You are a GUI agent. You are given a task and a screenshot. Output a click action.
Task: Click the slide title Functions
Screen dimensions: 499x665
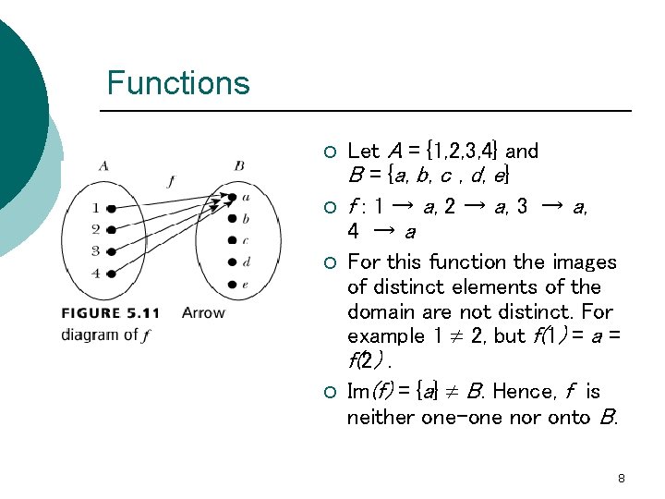click(178, 83)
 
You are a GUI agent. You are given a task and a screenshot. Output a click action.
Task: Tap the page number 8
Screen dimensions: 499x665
click(622, 478)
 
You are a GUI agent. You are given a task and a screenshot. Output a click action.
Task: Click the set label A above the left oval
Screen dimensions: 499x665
click(103, 166)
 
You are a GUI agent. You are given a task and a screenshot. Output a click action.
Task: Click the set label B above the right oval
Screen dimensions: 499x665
click(239, 166)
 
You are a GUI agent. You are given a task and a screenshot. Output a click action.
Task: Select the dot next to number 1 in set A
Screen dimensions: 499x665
click(111, 209)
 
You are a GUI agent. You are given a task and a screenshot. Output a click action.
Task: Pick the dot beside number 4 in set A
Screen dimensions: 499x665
click(111, 273)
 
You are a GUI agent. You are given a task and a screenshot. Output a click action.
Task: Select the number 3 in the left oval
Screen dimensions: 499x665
click(95, 250)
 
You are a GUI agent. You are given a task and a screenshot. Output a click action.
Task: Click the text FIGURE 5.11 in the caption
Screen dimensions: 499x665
click(115, 313)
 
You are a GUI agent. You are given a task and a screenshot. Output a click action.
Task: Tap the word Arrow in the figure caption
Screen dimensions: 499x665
click(203, 313)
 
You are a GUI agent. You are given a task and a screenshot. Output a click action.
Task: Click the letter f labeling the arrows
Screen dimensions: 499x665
click(170, 182)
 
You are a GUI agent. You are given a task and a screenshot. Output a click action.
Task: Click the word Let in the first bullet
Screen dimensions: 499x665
click(363, 151)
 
